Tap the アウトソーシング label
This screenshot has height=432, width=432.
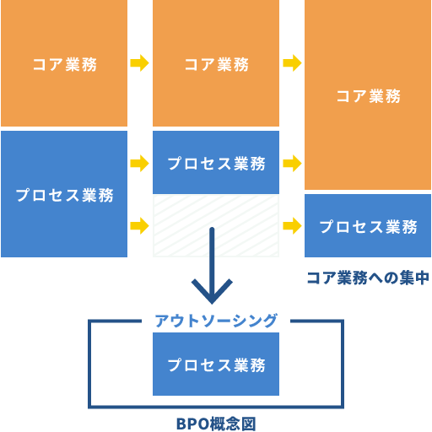coord(216,321)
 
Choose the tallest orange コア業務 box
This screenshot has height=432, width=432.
coord(368,95)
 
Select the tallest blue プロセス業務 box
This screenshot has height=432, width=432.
coord(64,194)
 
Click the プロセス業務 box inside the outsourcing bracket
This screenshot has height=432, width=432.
coord(216,364)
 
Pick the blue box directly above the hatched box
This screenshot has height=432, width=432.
coord(216,163)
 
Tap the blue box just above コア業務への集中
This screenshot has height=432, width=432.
coord(368,226)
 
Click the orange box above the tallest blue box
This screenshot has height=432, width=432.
coord(64,63)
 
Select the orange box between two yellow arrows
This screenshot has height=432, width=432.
coord(216,63)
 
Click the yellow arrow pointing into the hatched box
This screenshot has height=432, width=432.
coord(139,226)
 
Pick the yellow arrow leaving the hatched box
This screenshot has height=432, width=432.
coord(292,226)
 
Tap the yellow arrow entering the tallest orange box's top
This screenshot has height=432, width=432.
coord(292,63)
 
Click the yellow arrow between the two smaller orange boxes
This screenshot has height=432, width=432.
coord(139,63)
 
